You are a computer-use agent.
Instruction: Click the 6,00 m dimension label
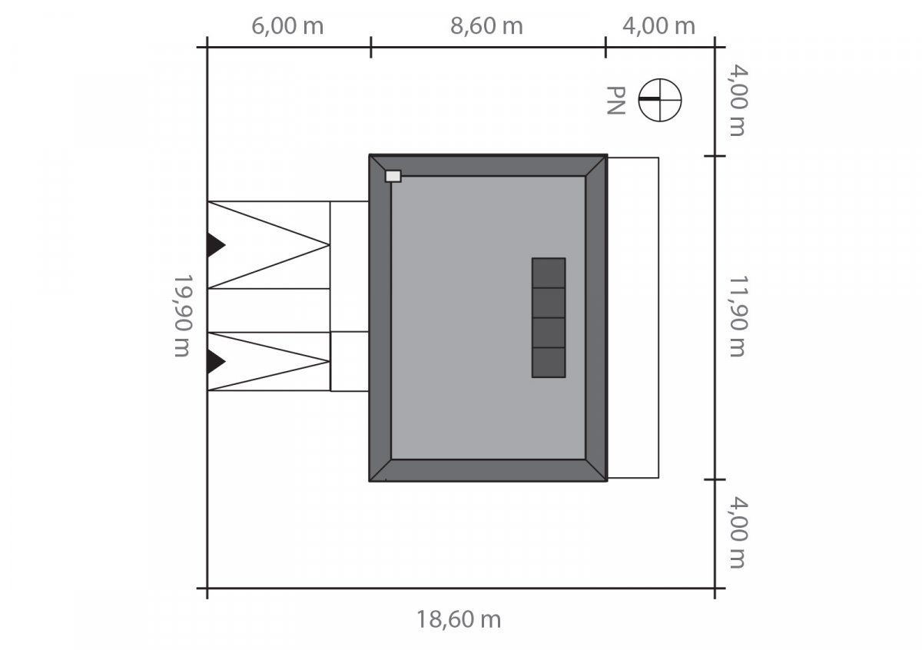pos(287,26)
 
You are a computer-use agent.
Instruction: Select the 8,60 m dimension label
pos(486,26)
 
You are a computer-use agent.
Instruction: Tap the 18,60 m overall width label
pos(459,618)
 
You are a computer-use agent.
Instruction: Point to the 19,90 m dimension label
pos(182,316)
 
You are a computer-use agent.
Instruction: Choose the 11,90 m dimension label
pos(736,316)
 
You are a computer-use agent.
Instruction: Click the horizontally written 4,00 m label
pos(658,26)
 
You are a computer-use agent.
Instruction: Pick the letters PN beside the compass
pos(615,101)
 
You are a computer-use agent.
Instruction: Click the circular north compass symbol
pos(660,100)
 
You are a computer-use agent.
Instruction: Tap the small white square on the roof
pos(393,176)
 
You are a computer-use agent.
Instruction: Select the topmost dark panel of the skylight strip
pos(549,273)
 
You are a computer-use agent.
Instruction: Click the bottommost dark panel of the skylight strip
pos(549,362)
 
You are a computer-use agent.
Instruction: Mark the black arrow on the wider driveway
pos(215,245)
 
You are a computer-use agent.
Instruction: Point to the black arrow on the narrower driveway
pos(215,361)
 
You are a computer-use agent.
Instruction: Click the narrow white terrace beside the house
pos(633,317)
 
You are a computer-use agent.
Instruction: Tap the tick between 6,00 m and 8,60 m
pos(371,47)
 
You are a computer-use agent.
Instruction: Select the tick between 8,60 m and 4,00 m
pos(605,47)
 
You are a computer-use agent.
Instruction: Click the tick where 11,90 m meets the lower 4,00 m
pos(715,479)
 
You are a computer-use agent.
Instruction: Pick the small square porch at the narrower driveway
pos(350,361)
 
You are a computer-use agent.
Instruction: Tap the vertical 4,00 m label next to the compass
pos(736,100)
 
